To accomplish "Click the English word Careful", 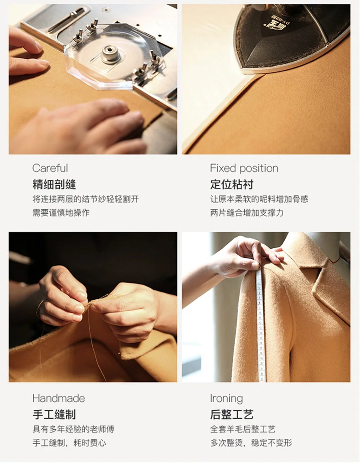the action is (x=50, y=168).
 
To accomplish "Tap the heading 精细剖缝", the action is (x=54, y=184).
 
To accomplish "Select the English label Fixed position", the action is (x=244, y=168).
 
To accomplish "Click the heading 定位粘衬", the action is (x=232, y=184).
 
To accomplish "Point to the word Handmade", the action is (x=58, y=398).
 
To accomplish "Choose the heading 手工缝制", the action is (x=54, y=414).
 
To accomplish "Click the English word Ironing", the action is (x=226, y=398).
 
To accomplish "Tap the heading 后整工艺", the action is (x=232, y=414).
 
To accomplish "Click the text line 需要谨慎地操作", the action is (x=61, y=213).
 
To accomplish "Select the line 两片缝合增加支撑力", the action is (x=247, y=213).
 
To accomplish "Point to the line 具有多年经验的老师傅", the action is (x=73, y=429).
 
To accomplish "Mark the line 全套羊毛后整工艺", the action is (x=242, y=429).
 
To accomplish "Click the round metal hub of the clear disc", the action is (x=111, y=54).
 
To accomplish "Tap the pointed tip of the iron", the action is (x=243, y=71).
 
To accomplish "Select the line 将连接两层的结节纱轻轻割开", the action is (x=85, y=199).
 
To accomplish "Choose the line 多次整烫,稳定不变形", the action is (x=251, y=443).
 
